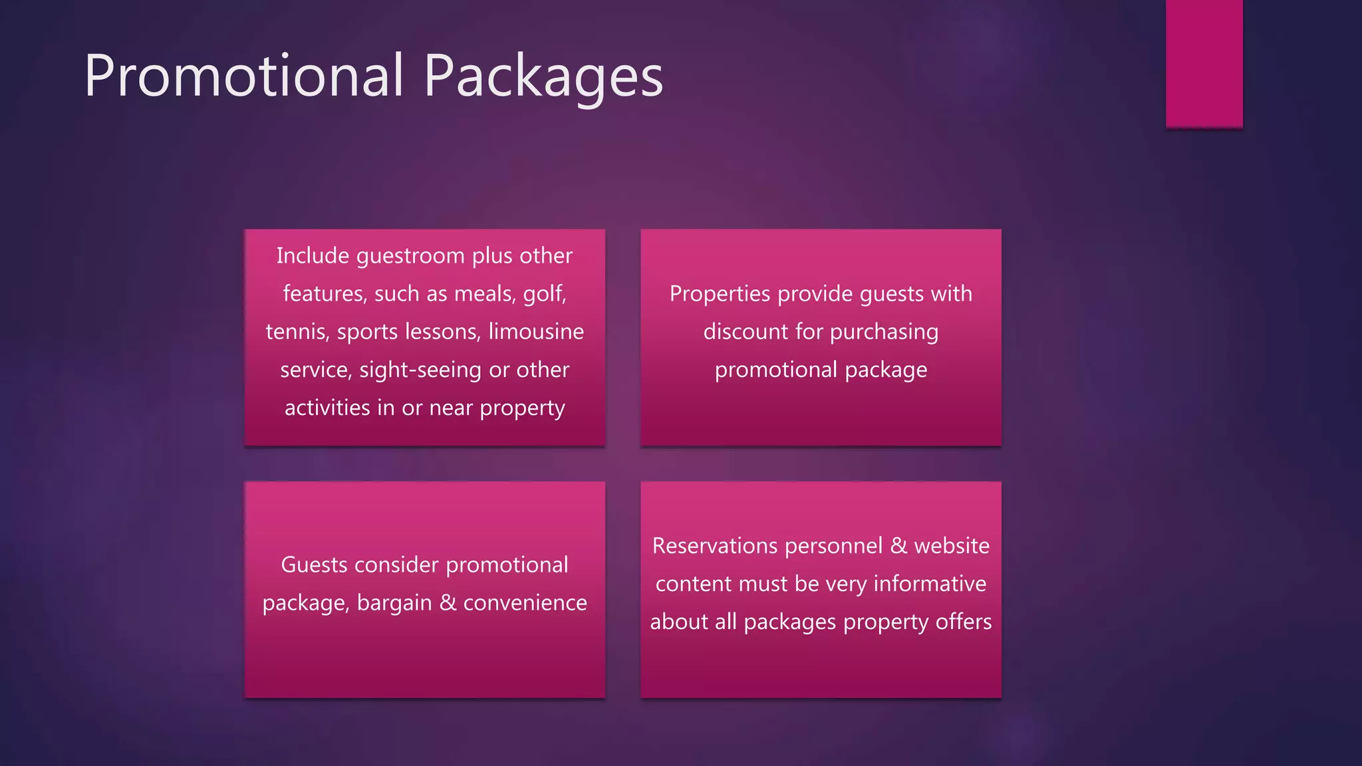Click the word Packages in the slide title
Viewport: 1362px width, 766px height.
pos(543,76)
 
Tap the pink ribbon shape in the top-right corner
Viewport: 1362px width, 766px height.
pos(1204,63)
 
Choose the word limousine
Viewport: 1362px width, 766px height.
pos(536,331)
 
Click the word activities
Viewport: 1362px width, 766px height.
pos(327,408)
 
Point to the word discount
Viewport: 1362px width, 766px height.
pos(746,332)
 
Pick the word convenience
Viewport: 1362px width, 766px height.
pos(525,602)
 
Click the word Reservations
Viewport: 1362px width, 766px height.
pos(706,546)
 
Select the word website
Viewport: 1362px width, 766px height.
pos(952,546)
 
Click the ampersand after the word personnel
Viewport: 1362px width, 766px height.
pos(898,546)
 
